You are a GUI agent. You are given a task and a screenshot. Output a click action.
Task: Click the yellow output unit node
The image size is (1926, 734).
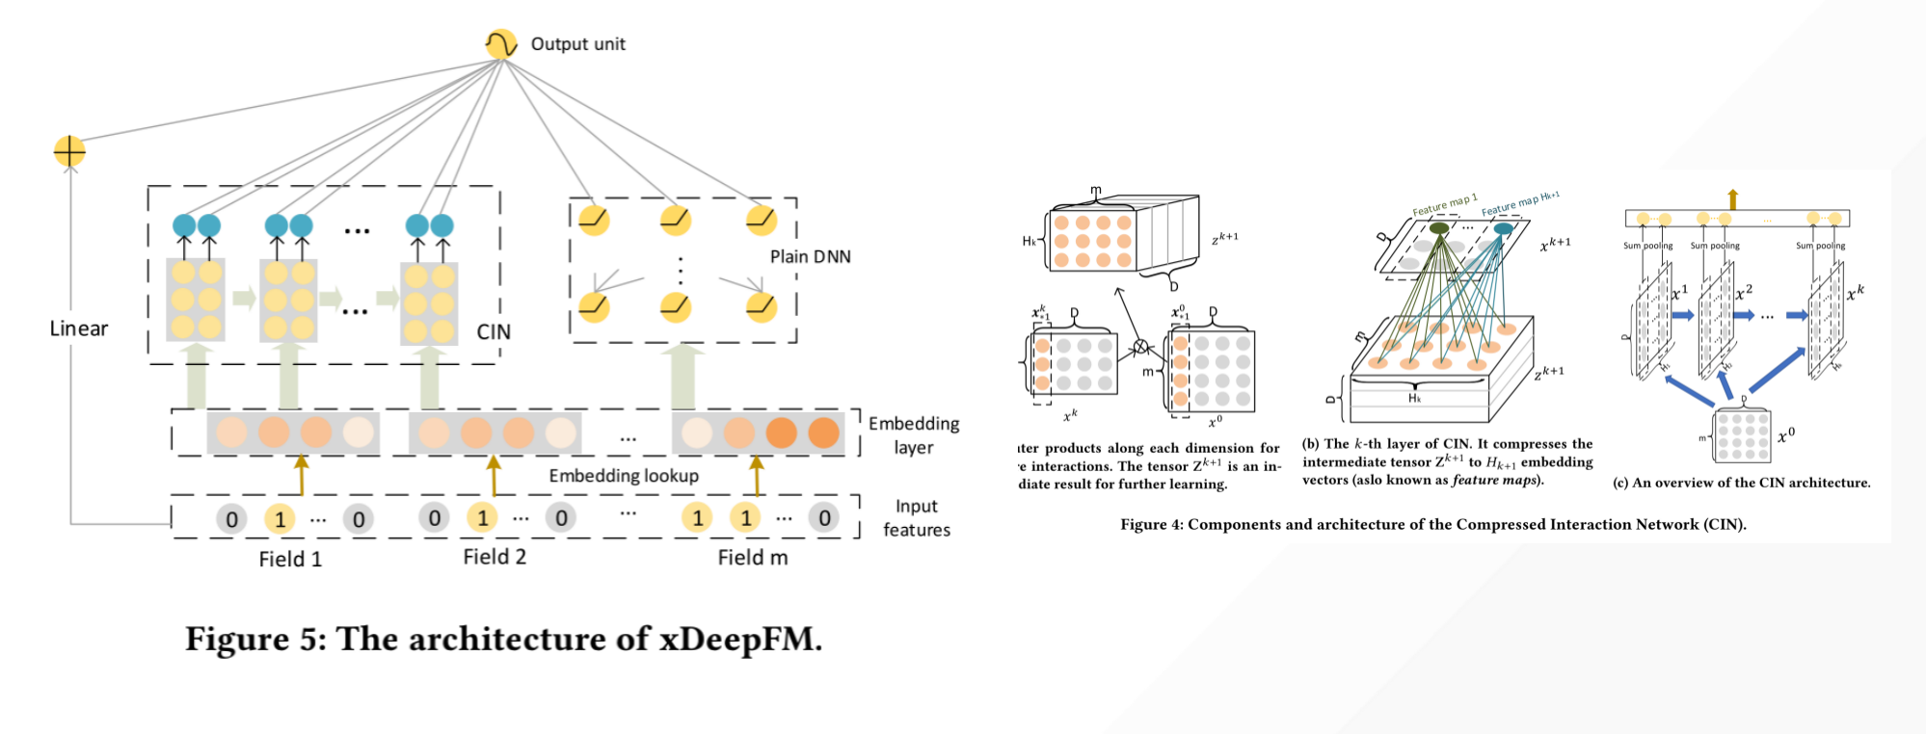click(500, 44)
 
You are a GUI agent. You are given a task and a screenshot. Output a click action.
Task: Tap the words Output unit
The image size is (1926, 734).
click(577, 44)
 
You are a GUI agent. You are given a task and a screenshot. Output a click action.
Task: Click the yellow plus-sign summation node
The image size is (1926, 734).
click(69, 151)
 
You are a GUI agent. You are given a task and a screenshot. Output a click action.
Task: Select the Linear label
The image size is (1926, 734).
click(79, 328)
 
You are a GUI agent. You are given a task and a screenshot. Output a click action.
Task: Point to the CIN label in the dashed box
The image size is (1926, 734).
click(494, 331)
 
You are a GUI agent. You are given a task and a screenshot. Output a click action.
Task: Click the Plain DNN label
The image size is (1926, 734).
click(810, 256)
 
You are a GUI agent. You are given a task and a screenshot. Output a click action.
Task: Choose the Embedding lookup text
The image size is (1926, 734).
click(624, 476)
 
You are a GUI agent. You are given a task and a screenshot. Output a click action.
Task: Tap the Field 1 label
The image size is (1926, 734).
click(290, 559)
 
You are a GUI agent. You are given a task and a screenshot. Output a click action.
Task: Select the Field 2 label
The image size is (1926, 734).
click(495, 557)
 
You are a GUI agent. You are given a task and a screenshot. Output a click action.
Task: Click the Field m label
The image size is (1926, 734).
click(753, 557)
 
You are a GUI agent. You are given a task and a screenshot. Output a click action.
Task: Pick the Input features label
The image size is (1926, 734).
click(916, 518)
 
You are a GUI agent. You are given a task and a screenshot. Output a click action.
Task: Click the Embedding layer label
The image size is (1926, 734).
click(913, 435)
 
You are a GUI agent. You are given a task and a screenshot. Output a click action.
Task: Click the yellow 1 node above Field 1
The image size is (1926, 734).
click(280, 519)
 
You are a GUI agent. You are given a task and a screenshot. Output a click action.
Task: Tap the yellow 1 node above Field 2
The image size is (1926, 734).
click(482, 518)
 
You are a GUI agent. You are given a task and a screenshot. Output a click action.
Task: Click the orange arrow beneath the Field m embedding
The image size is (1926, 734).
click(757, 475)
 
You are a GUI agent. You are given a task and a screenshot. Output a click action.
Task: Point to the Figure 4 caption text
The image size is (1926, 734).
click(1432, 525)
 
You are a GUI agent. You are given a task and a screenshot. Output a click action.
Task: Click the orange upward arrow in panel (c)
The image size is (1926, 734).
click(1732, 199)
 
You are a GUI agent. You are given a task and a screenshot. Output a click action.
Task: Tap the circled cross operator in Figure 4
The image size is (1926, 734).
click(1140, 347)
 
